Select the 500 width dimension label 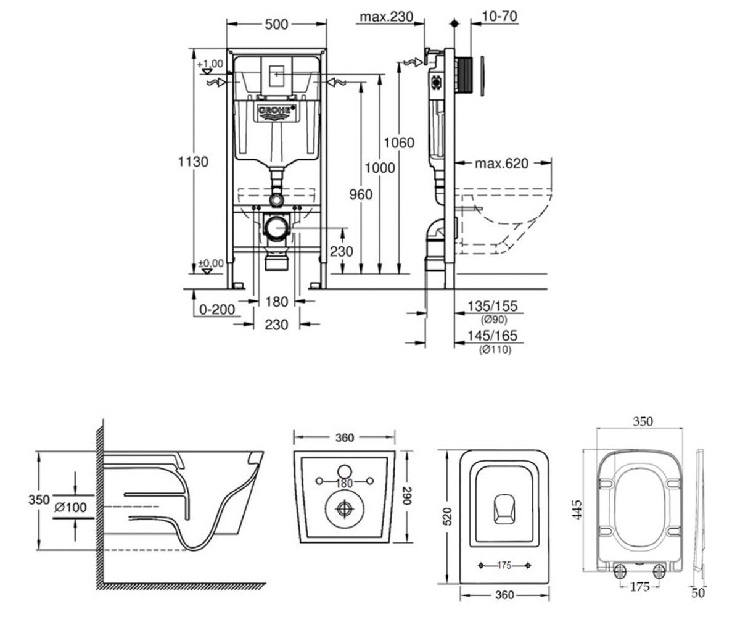coord(276,25)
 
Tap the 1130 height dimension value coord(193,162)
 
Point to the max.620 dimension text coord(501,164)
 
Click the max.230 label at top coord(386,17)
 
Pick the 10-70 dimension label coord(499,16)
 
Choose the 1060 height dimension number coord(399,143)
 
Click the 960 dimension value coord(361,194)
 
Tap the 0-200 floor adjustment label coord(217,310)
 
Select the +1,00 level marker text coord(210,64)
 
